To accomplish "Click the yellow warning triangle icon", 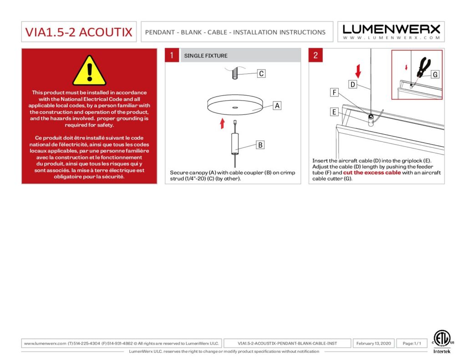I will [89, 71].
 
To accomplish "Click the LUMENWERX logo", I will [391, 31].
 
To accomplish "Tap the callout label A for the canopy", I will [277, 106].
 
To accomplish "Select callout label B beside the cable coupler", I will [260, 145].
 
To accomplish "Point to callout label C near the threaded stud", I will [261, 73].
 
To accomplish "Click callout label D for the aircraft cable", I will [352, 84].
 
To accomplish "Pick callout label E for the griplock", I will [334, 112].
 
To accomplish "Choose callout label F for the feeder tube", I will [334, 93].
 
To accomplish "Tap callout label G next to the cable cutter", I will [435, 74].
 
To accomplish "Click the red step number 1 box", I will [172, 56].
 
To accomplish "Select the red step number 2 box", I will [316, 56].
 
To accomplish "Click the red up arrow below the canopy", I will [222, 123].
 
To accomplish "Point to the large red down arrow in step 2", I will [358, 71].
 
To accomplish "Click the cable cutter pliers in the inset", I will [423, 68].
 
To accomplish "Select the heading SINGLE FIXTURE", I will [206, 56].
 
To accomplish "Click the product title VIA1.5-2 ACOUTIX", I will [79, 32].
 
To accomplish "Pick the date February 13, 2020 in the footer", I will [374, 343].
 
